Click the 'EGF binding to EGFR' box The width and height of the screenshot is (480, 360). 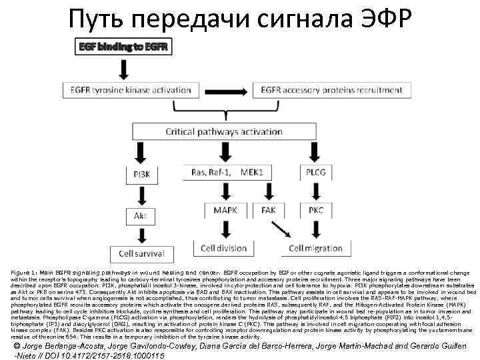coord(125,47)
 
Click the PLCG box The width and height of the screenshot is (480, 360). coord(316,173)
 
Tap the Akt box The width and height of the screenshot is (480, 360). coord(141,216)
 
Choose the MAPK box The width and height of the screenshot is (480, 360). coord(226,210)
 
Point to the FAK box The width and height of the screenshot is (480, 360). coord(269,210)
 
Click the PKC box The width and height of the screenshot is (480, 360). coord(316,210)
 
